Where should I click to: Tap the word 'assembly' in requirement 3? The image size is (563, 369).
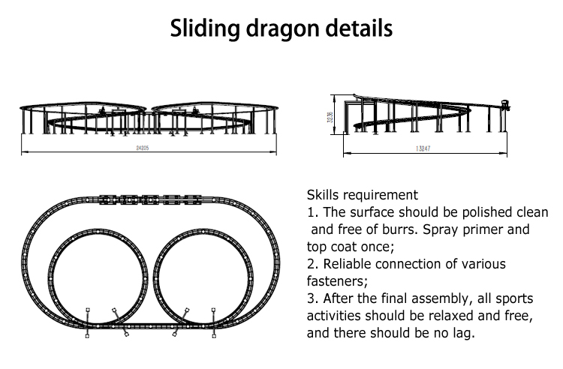tap(441, 298)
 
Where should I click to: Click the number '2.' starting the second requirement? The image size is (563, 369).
tap(313, 264)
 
